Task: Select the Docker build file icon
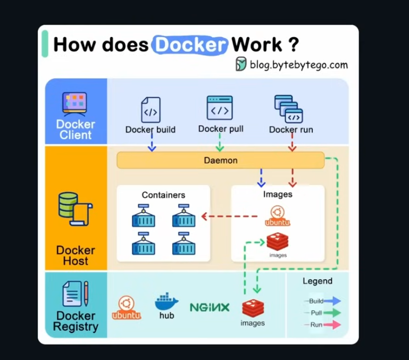point(151,110)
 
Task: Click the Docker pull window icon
point(220,108)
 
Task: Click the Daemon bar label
point(220,160)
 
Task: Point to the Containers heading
point(163,195)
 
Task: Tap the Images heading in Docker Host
point(278,195)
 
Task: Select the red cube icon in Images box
point(278,242)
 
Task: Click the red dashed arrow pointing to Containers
point(229,216)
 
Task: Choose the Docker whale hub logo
point(167,302)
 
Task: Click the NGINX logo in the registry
point(210,307)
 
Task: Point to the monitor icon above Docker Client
point(75,104)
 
